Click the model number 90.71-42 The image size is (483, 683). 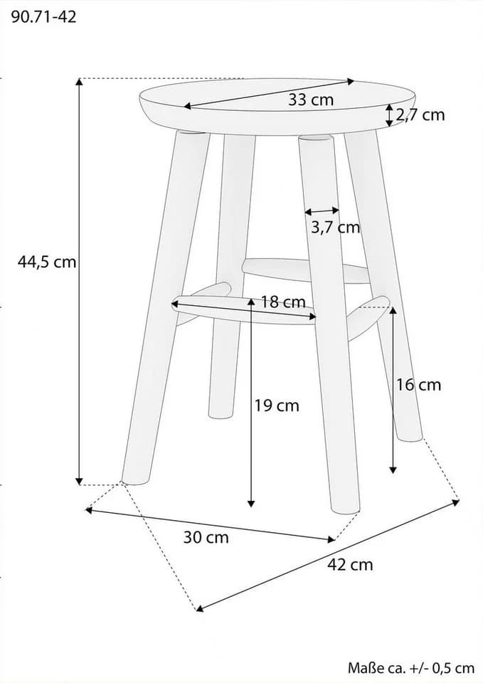click(43, 16)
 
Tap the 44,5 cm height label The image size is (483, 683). click(47, 262)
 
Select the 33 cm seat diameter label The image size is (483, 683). click(311, 100)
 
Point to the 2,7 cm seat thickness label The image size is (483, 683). click(420, 115)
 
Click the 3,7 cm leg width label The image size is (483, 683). click(335, 227)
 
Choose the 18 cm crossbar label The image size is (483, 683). click(283, 302)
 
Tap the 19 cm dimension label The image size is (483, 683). click(277, 406)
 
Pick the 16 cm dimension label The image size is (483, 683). click(418, 385)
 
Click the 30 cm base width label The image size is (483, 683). click(206, 537)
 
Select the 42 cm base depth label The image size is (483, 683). click(350, 564)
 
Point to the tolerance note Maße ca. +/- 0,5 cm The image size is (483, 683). click(410, 667)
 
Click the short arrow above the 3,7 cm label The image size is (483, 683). click(322, 211)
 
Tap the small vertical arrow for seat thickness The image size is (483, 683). click(389, 115)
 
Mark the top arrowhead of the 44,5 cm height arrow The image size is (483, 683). click(79, 80)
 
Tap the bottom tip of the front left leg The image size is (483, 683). click(134, 482)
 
